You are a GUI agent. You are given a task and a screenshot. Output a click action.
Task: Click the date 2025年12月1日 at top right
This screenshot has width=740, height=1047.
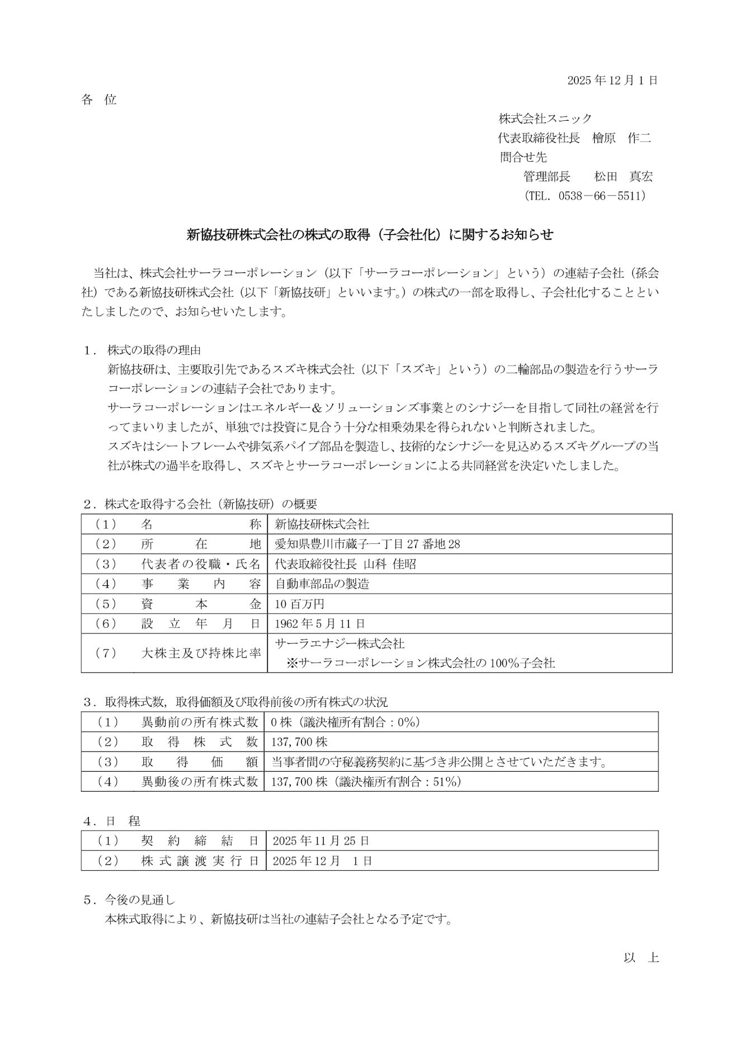612,80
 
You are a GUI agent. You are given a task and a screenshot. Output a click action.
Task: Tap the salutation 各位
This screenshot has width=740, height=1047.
99,100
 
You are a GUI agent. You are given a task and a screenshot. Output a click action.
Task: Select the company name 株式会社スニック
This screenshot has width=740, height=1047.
545,119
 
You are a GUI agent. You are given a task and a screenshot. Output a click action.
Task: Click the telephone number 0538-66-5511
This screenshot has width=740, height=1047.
602,196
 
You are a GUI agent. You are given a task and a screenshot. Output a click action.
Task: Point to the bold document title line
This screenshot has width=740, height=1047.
370,235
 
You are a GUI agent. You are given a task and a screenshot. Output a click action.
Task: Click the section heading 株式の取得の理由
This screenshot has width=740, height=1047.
154,351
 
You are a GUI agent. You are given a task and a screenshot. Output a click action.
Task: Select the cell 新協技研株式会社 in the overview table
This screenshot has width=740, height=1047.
322,524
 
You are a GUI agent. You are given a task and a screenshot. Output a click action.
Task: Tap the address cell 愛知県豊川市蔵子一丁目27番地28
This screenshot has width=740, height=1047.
367,544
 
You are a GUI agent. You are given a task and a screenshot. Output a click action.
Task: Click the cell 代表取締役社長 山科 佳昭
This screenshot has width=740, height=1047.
346,564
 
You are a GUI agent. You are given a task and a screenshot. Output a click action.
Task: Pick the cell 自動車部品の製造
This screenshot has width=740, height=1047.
322,584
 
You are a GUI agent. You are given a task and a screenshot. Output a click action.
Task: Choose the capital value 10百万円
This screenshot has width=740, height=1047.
299,604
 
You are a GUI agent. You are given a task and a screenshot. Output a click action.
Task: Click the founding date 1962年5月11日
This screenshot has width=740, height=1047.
320,623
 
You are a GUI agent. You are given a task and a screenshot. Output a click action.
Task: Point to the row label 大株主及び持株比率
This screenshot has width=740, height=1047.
201,652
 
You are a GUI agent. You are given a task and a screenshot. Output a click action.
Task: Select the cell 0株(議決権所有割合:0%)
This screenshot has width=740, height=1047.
345,722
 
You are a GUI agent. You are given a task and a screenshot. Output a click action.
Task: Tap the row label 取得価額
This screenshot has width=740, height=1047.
201,762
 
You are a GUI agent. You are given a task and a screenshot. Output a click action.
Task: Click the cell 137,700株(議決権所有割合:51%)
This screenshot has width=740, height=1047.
366,782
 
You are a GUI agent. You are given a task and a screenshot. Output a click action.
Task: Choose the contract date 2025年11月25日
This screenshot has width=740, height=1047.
320,841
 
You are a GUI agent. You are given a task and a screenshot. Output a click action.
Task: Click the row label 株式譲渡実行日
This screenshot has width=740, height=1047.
201,861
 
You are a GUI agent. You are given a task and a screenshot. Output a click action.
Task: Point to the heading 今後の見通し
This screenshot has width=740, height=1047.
140,900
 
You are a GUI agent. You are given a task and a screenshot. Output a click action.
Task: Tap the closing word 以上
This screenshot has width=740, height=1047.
642,957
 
